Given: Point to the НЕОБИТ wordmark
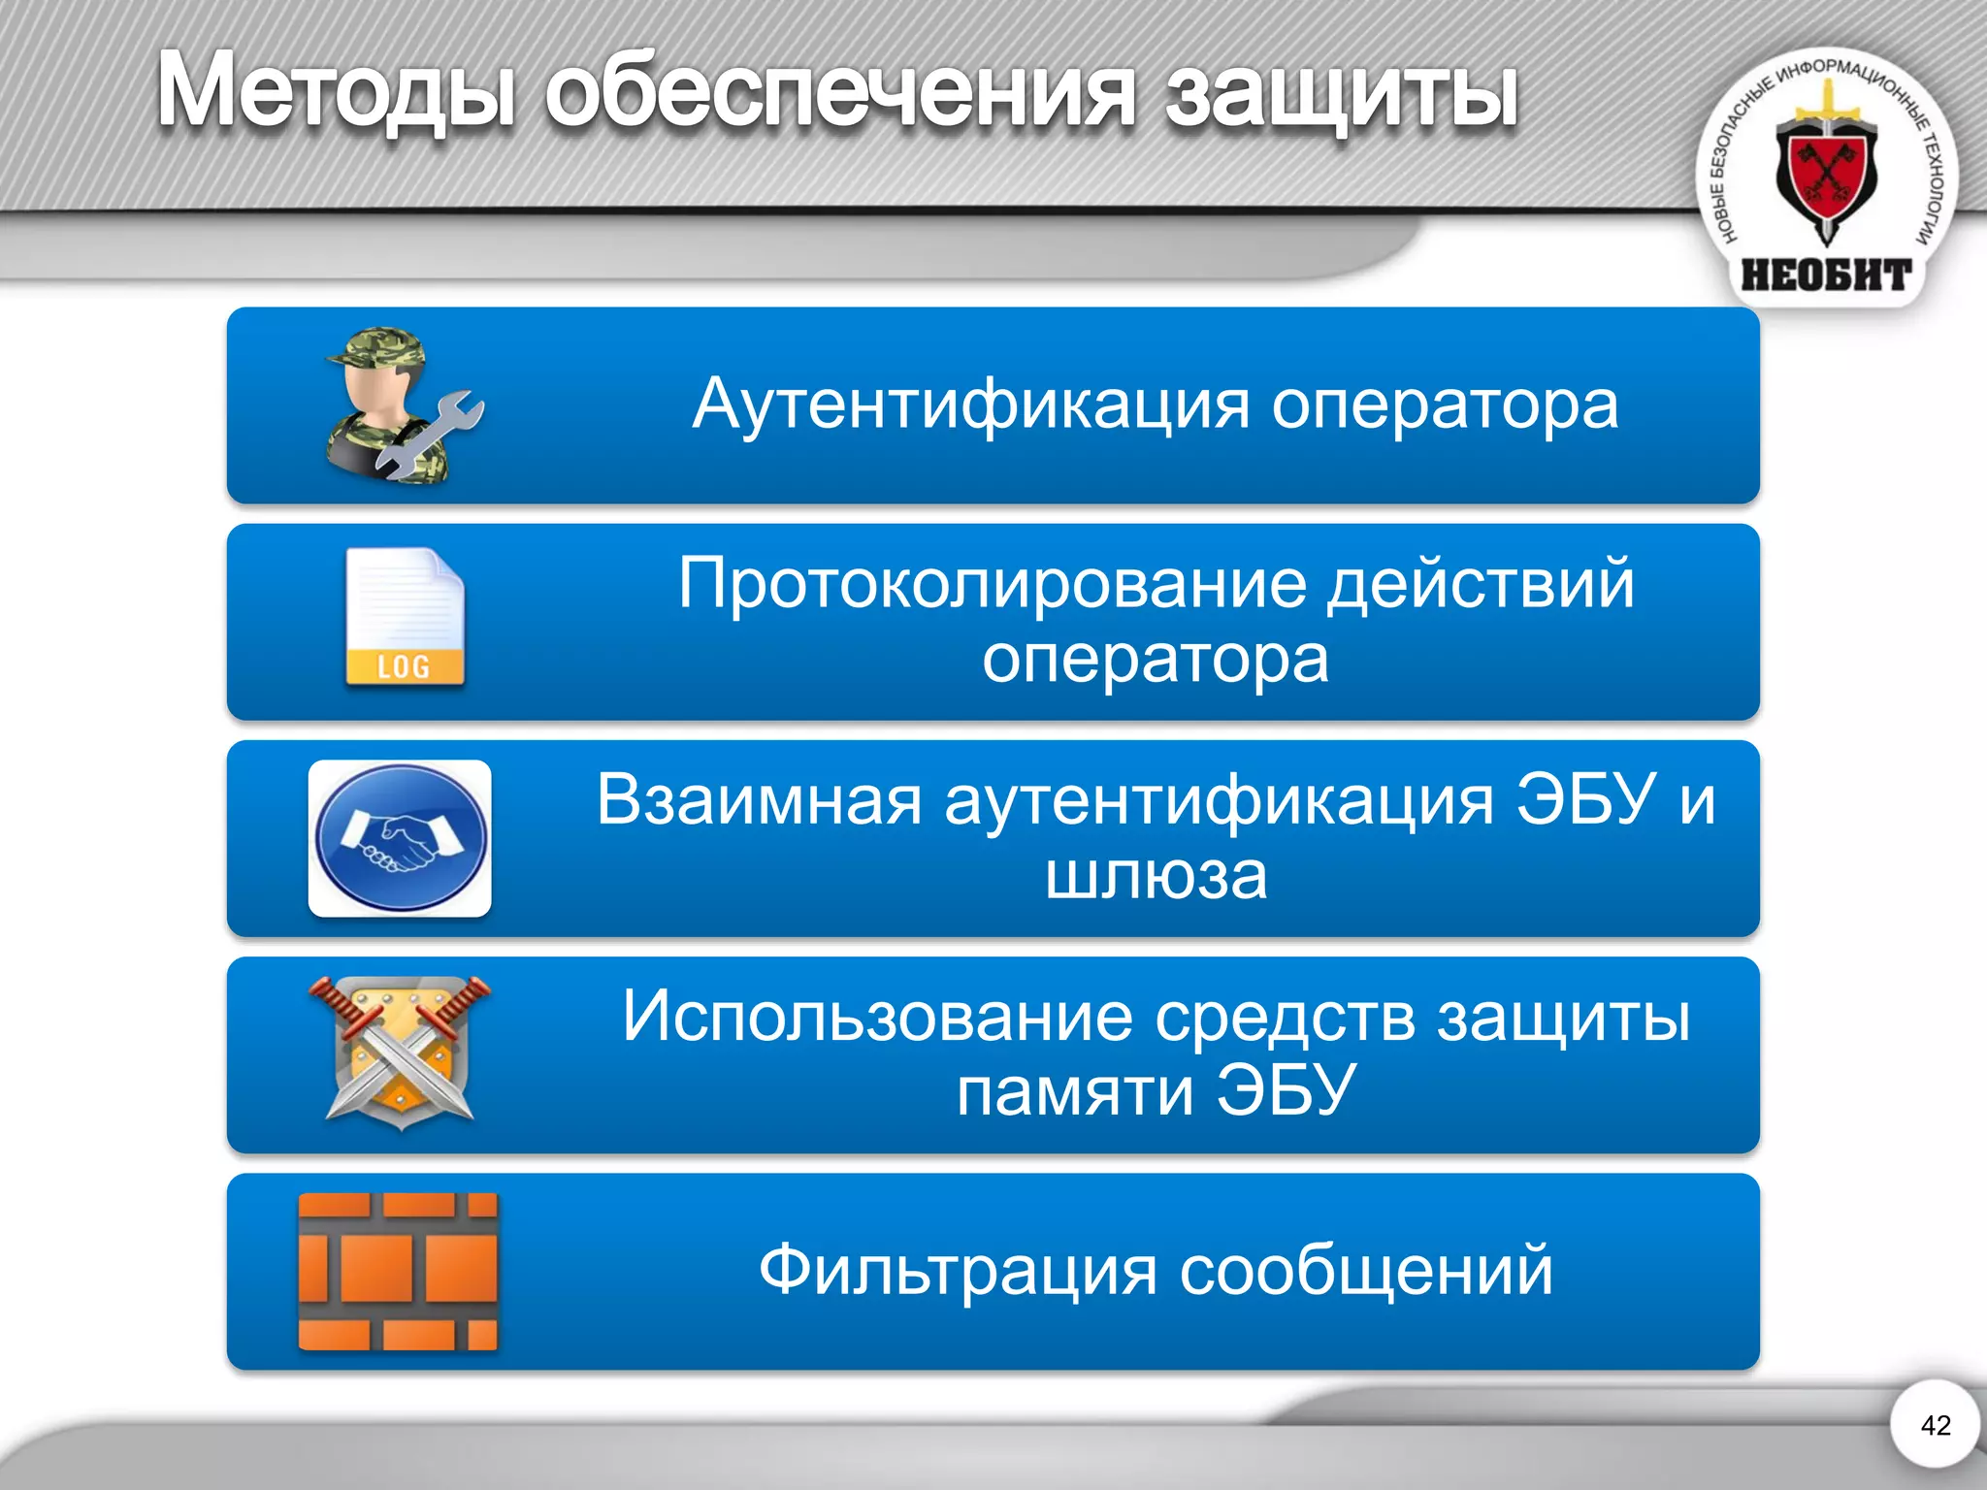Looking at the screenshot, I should click(x=1826, y=275).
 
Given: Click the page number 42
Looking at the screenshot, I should click(x=1935, y=1425).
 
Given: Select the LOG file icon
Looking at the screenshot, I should click(x=405, y=619).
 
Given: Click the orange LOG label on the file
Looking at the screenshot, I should click(x=404, y=666).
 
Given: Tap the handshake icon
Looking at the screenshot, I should click(x=400, y=838).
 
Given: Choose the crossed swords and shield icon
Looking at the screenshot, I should click(x=400, y=1053).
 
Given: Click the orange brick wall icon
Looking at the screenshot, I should click(x=398, y=1271).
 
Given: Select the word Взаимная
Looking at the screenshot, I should click(x=759, y=800).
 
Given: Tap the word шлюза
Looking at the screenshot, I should click(x=1156, y=876).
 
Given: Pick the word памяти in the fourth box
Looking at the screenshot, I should click(x=1074, y=1091).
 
